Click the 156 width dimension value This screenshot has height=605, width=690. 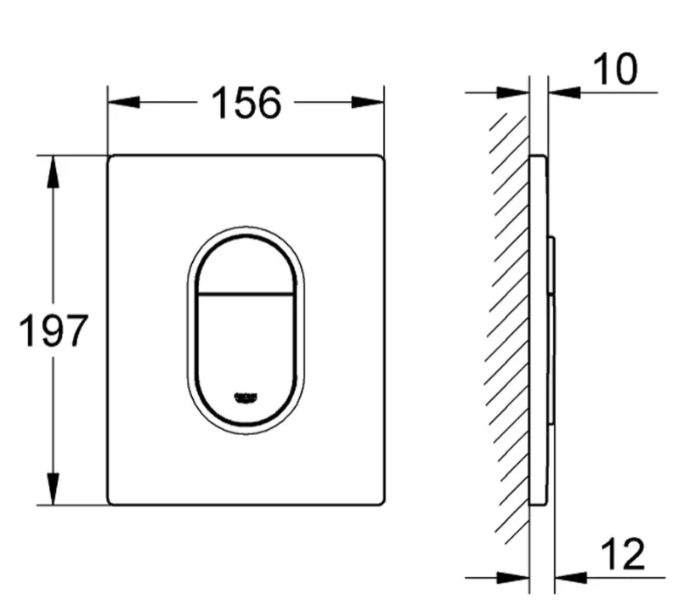click(x=245, y=103)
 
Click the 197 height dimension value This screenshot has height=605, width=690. click(x=53, y=331)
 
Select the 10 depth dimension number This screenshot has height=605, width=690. click(x=614, y=71)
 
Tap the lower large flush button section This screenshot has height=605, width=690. click(x=245, y=348)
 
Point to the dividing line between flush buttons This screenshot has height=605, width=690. click(x=245, y=294)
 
